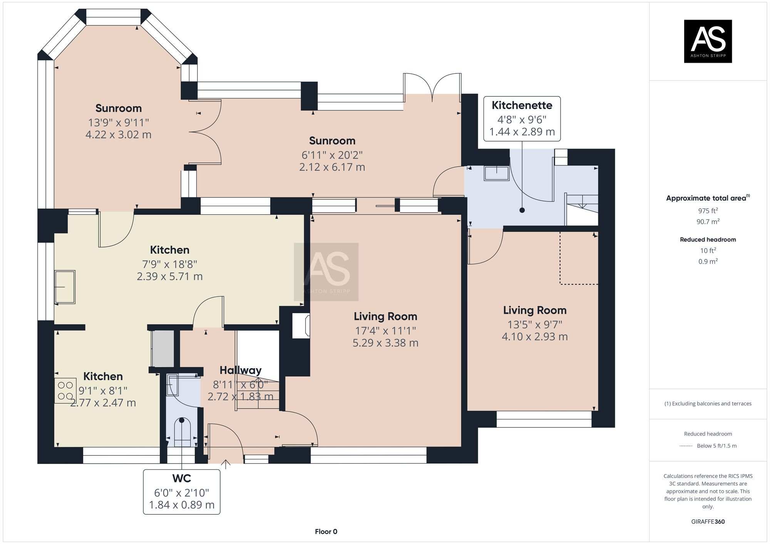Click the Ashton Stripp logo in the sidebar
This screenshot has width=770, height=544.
click(708, 41)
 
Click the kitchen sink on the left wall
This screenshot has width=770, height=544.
click(65, 287)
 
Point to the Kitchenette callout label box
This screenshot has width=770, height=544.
click(522, 118)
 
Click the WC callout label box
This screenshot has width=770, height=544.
click(181, 492)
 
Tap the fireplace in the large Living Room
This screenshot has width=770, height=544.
click(301, 325)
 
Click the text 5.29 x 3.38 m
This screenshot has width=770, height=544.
click(385, 343)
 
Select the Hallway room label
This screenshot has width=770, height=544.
click(240, 370)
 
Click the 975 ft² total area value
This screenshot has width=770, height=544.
click(708, 210)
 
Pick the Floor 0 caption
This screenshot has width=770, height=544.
click(326, 531)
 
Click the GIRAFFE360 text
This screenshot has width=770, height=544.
click(708, 522)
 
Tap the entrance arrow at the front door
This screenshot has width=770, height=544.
click(226, 464)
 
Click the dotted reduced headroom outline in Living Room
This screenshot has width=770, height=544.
click(578, 284)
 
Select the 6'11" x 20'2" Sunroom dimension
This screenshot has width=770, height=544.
click(332, 155)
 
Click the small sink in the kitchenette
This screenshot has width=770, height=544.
click(497, 173)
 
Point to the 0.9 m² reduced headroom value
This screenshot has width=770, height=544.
click(708, 262)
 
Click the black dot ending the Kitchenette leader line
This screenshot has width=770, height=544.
click(522, 210)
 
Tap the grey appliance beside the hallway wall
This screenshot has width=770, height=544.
click(162, 348)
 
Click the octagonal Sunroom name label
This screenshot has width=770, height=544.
click(119, 108)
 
